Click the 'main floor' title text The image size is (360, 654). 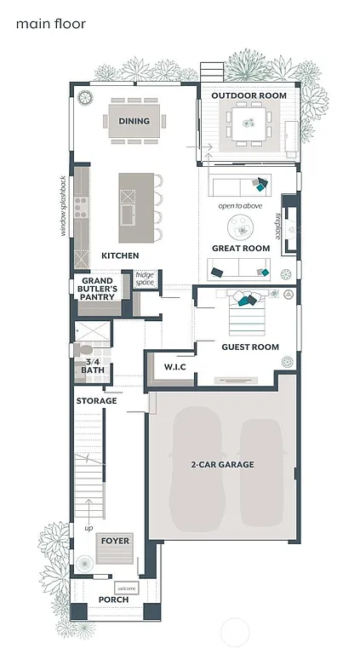pyautogui.click(x=50, y=24)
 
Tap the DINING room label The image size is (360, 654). pyautogui.click(x=134, y=122)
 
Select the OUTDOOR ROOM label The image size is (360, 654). pyautogui.click(x=249, y=96)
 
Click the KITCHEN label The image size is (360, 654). pyautogui.click(x=120, y=255)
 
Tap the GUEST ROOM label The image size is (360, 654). pyautogui.click(x=250, y=347)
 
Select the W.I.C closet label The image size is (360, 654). pyautogui.click(x=174, y=367)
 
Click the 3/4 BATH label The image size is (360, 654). pyautogui.click(x=92, y=366)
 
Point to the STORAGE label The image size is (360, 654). pyautogui.click(x=96, y=401)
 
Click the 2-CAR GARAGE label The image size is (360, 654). pyautogui.click(x=222, y=465)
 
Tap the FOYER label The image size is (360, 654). pyautogui.click(x=115, y=541)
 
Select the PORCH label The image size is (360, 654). pyautogui.click(x=113, y=600)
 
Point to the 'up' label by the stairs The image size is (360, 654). pyautogui.click(x=89, y=528)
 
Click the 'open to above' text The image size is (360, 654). pyautogui.click(x=240, y=206)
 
